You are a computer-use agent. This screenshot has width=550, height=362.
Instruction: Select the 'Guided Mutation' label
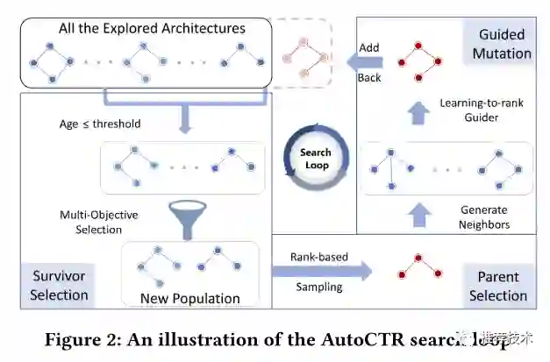502,44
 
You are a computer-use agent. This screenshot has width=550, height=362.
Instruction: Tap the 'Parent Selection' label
498,286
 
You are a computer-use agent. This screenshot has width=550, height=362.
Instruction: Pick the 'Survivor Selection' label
59,286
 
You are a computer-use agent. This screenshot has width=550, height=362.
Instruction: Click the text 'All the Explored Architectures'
152,28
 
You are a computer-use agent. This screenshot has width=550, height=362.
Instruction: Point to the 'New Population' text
189,298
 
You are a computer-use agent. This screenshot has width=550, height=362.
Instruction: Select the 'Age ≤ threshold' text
94,124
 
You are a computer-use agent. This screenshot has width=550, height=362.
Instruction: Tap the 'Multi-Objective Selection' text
99,221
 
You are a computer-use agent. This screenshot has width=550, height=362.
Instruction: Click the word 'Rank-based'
319,257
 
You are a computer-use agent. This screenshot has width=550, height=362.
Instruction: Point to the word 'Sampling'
318,286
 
